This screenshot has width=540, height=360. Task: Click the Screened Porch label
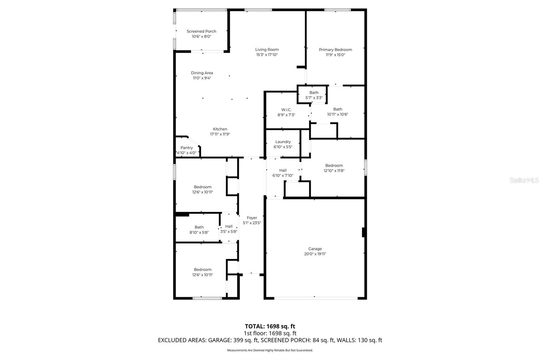pyautogui.click(x=201, y=31)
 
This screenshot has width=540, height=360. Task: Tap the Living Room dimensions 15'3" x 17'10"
pyautogui.click(x=267, y=55)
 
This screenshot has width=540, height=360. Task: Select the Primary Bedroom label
pyautogui.click(x=335, y=50)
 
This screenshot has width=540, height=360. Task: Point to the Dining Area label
pyautogui.click(x=202, y=73)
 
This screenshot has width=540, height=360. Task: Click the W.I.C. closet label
pyautogui.click(x=286, y=110)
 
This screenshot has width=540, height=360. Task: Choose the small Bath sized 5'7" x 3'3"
pyautogui.click(x=314, y=95)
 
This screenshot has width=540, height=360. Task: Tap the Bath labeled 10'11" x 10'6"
pyautogui.click(x=337, y=112)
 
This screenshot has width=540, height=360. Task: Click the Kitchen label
pyautogui.click(x=220, y=129)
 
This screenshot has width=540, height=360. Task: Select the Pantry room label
pyautogui.click(x=187, y=148)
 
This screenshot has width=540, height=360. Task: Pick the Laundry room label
pyautogui.click(x=283, y=142)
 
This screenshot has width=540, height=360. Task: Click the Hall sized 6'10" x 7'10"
pyautogui.click(x=283, y=173)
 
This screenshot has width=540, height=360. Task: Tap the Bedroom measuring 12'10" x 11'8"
pyautogui.click(x=334, y=168)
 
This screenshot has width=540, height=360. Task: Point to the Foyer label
pyautogui.click(x=252, y=218)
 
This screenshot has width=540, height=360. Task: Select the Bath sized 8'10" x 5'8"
pyautogui.click(x=199, y=230)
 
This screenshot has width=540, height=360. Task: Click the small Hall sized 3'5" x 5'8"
pyautogui.click(x=229, y=229)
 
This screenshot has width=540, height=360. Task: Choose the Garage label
pyautogui.click(x=315, y=249)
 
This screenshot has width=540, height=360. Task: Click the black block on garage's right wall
pyautogui.click(x=363, y=232)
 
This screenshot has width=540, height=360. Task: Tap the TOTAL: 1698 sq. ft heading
pyautogui.click(x=270, y=326)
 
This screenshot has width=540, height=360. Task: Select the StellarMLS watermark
pyautogui.click(x=524, y=180)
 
